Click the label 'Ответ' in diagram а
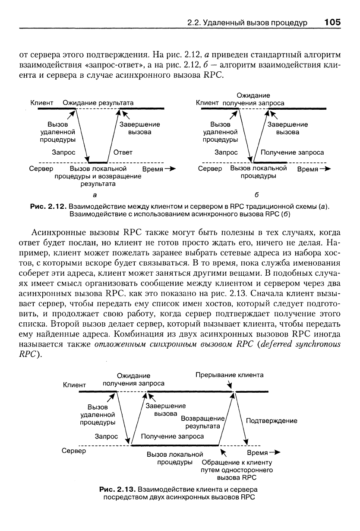123,152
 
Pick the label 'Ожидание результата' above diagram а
98,103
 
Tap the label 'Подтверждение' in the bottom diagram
271,420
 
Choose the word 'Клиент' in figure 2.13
75,384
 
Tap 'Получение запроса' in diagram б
292,152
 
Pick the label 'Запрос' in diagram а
63,152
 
